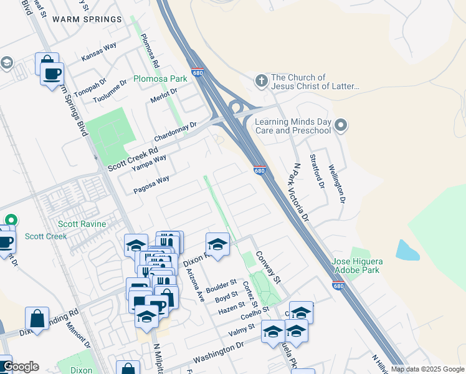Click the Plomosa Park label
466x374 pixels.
click(x=160, y=80)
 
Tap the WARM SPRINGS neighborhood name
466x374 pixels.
click(x=87, y=19)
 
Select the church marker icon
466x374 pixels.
click(x=261, y=80)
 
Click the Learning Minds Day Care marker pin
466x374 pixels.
click(x=341, y=125)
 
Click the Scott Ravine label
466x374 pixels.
click(x=82, y=224)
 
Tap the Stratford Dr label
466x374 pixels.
click(x=317, y=172)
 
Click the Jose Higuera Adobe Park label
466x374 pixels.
click(x=357, y=266)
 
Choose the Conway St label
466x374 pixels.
click(x=270, y=264)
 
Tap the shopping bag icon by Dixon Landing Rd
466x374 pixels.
click(x=37, y=318)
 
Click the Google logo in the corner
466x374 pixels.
click(x=20, y=367)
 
